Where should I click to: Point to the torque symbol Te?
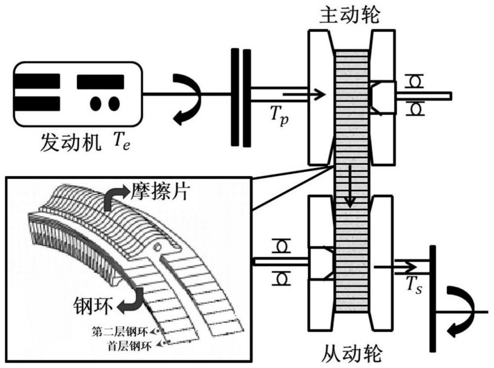click(116, 143)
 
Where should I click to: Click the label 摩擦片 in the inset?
click(160, 192)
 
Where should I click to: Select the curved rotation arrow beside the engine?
click(187, 101)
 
